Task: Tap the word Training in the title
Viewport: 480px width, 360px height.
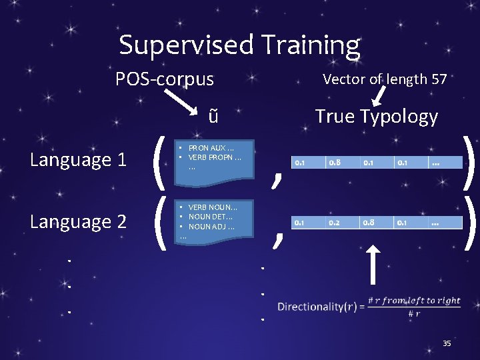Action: [x=311, y=45]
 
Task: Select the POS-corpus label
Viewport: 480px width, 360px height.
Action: [x=165, y=79]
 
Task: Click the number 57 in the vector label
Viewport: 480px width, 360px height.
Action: [x=439, y=79]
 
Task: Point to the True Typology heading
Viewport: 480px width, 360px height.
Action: [x=376, y=116]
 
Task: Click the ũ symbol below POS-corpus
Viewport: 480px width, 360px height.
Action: [x=213, y=116]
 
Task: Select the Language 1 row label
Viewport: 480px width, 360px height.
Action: [x=79, y=160]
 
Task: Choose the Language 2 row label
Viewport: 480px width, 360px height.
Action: [x=79, y=221]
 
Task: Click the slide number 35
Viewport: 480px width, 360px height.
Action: [x=447, y=343]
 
